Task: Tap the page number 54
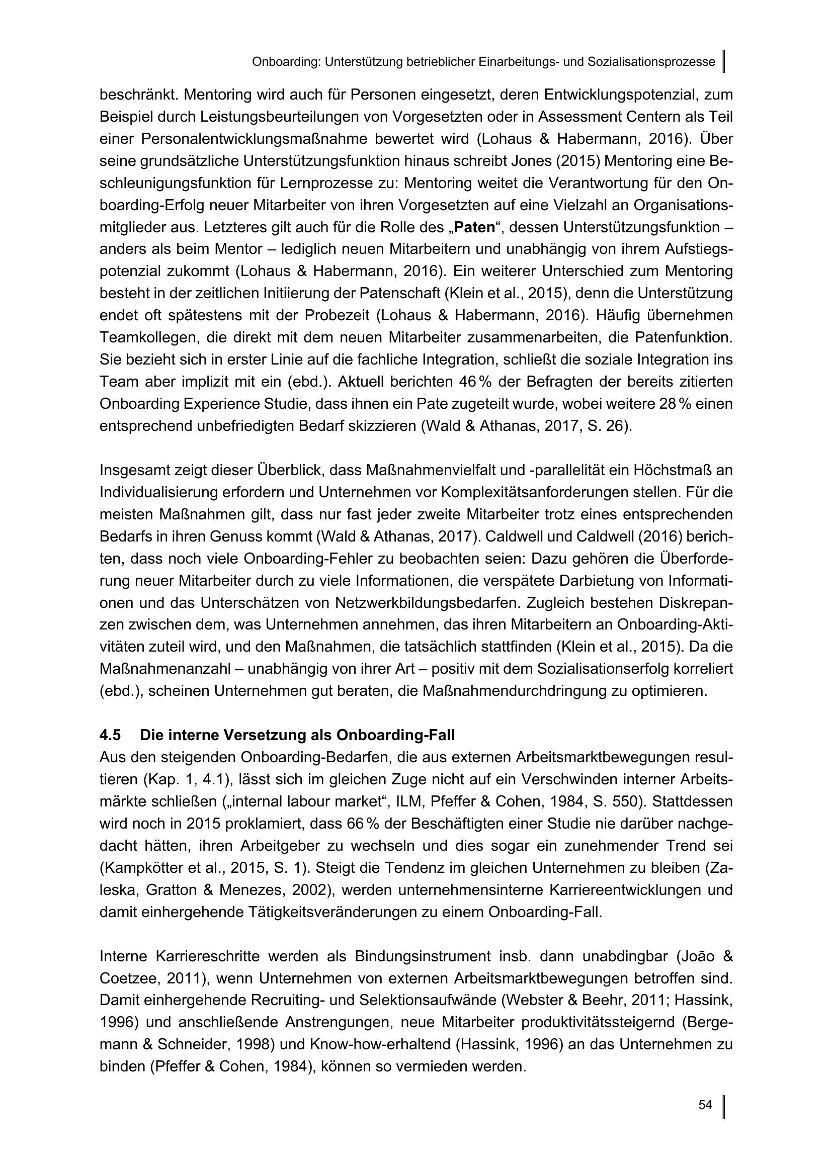pos(705,1105)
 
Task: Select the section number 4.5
pos(110,735)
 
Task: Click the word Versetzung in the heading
pos(264,735)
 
